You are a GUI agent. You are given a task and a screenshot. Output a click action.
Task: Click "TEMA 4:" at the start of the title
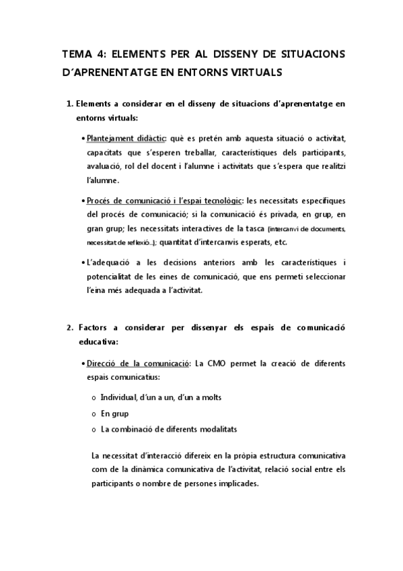[81, 54]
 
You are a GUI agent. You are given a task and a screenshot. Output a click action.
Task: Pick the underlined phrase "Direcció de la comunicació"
[138, 364]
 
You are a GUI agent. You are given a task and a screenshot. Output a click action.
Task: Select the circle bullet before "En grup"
[93, 413]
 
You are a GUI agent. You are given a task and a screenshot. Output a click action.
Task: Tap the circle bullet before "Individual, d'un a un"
[93, 397]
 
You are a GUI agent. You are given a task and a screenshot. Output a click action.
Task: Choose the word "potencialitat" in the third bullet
[110, 277]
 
